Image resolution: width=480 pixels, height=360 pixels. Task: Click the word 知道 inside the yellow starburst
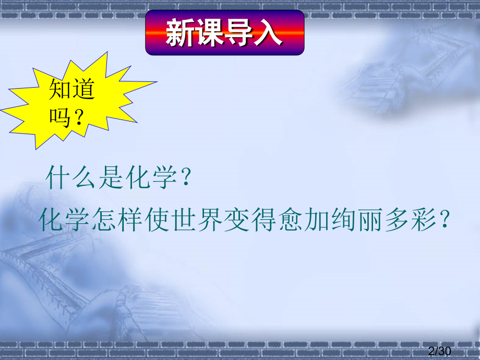click(71, 89)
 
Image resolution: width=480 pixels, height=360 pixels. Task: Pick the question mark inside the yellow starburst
click(79, 117)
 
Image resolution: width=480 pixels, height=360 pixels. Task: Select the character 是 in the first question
click(111, 177)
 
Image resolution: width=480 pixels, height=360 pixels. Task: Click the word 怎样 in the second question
click(117, 220)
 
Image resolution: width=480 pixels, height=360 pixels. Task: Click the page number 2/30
click(440, 351)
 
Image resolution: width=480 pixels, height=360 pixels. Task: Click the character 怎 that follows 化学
click(103, 220)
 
